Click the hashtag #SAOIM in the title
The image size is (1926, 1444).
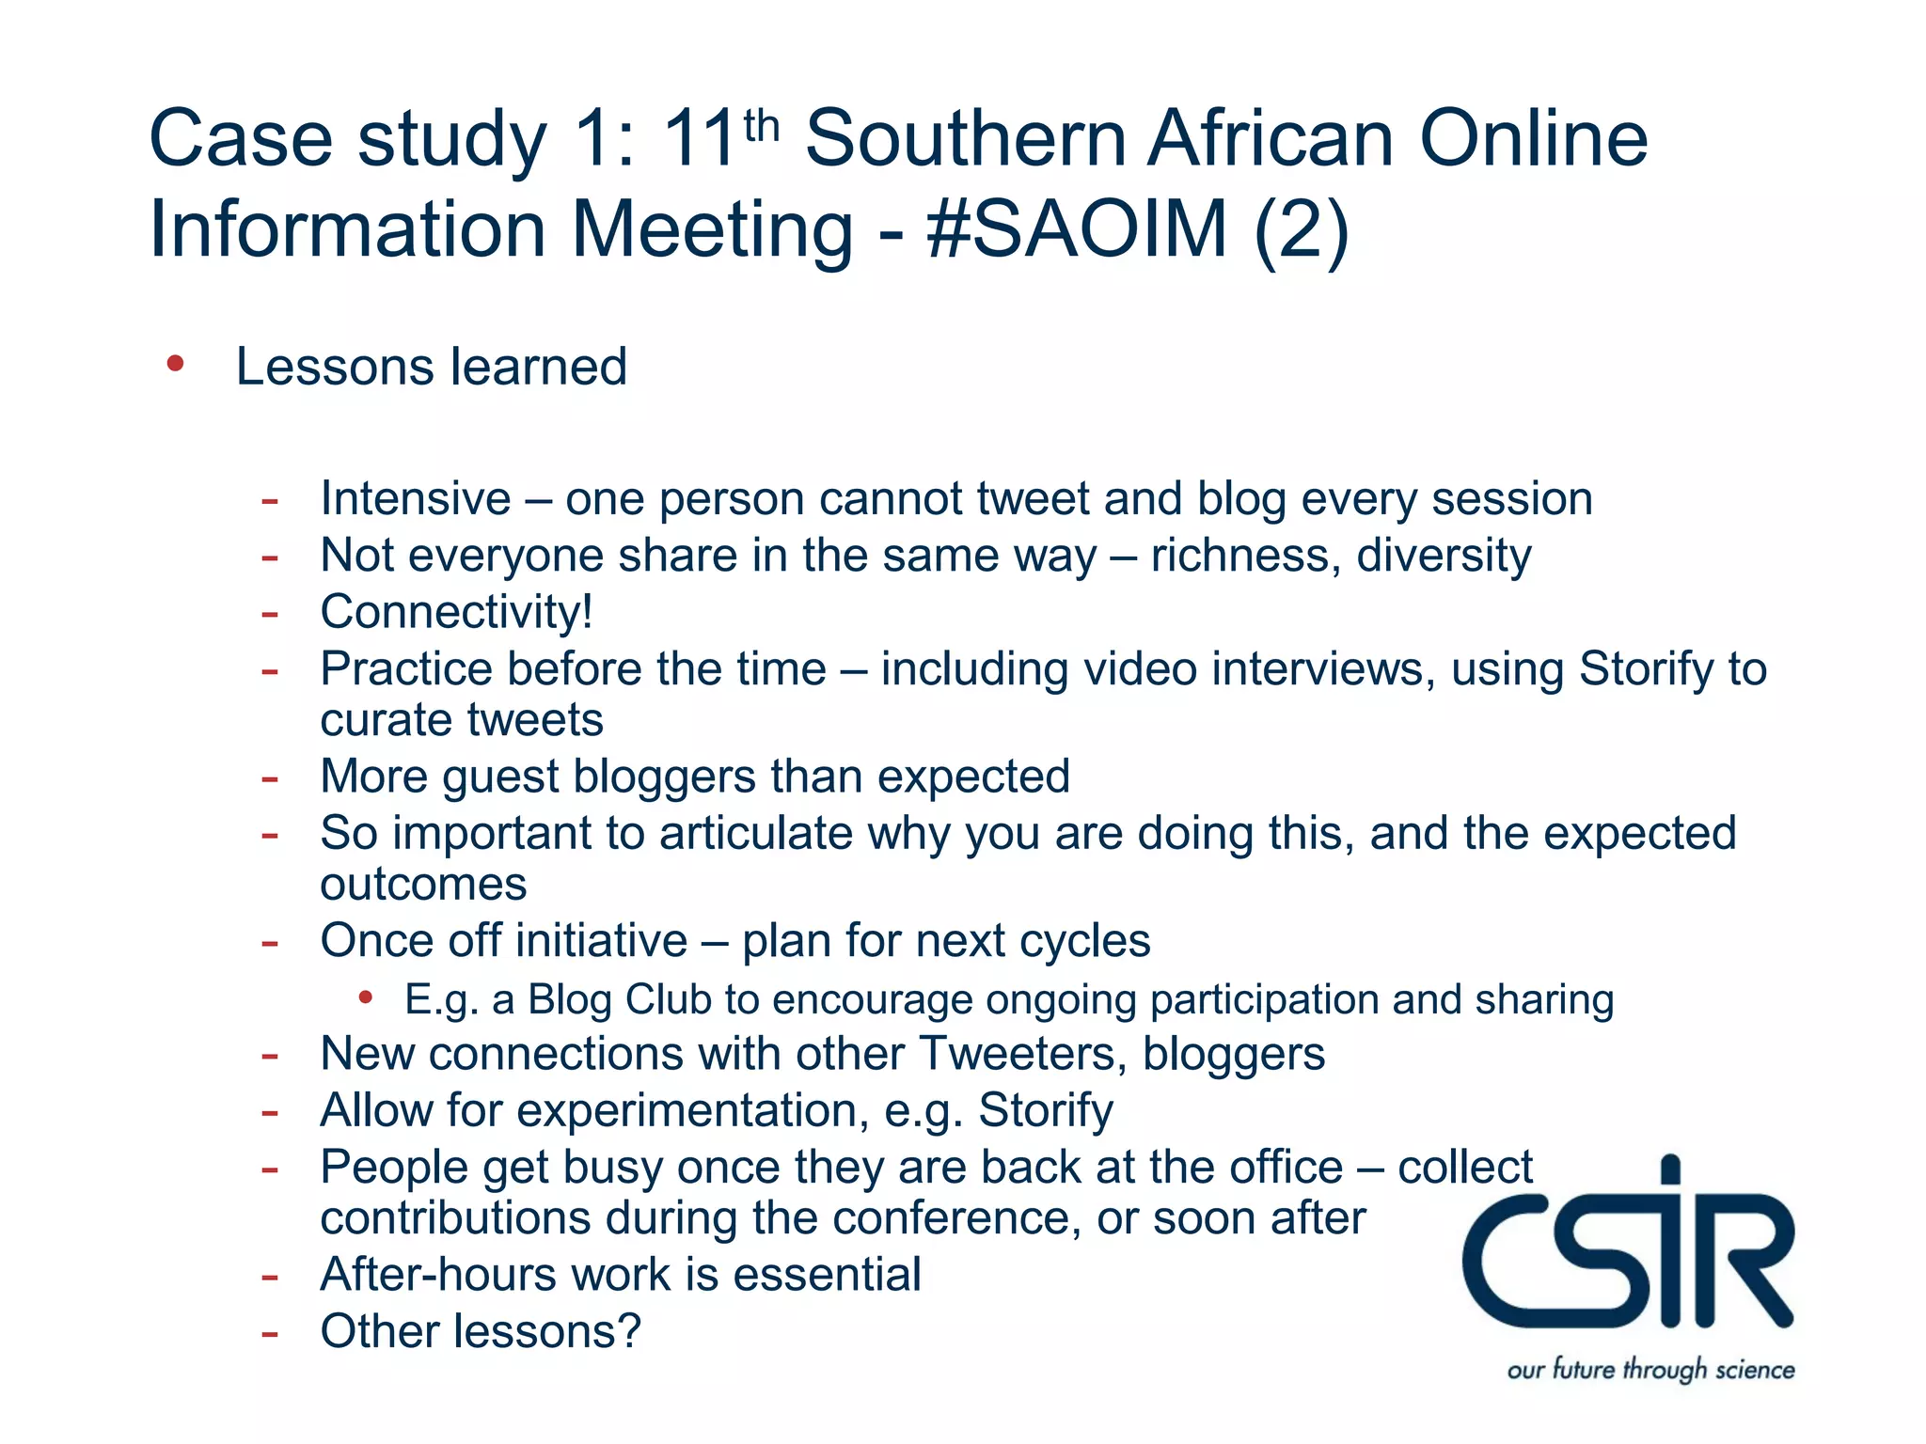tap(1078, 228)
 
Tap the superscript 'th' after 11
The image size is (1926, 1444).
tap(762, 126)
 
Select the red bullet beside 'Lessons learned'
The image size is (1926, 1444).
tap(175, 364)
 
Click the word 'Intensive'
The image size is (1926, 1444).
tap(416, 498)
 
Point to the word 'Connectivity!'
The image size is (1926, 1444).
tap(456, 612)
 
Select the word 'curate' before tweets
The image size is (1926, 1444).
tap(386, 720)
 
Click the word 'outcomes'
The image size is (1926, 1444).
tap(423, 885)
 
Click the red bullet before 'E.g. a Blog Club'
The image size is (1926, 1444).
tap(366, 997)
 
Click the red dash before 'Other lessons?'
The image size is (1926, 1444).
tap(270, 1333)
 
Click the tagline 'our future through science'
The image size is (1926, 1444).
tap(1650, 1370)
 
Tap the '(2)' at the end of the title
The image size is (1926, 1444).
tap(1302, 228)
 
